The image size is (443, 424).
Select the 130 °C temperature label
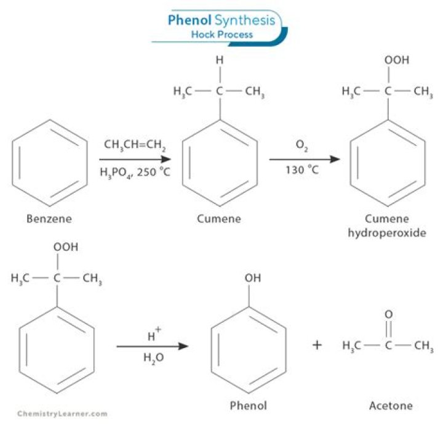click(301, 169)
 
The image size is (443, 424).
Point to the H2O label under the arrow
click(152, 357)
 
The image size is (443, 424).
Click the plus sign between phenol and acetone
click(317, 345)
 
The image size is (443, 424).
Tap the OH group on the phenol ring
click(252, 278)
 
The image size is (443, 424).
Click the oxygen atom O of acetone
click(388, 314)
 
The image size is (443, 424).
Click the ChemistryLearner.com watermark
click(62, 413)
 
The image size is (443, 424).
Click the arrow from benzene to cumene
click(134, 158)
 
